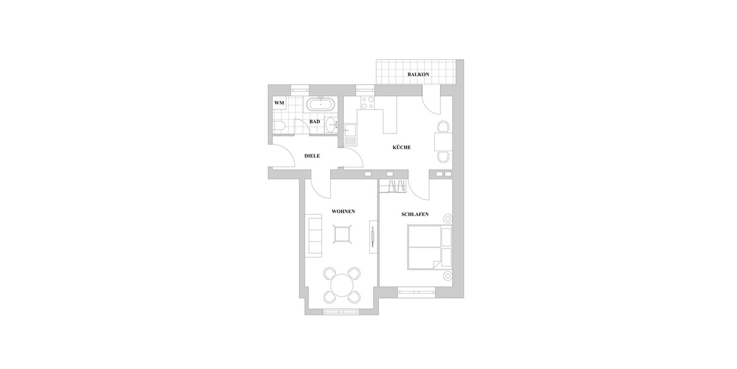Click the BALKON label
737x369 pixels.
point(418,74)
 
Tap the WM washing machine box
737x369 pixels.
point(279,103)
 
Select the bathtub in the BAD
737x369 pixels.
point(321,104)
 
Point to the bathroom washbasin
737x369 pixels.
point(332,126)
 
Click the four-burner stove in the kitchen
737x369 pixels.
point(368,102)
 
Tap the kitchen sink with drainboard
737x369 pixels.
point(350,133)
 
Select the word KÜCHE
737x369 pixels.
point(401,148)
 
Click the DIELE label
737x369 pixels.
point(313,156)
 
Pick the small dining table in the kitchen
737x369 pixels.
point(442,142)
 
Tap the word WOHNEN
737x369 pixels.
point(343,211)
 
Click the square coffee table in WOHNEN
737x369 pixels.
point(342,234)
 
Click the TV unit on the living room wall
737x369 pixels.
point(372,237)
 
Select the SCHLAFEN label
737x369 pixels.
point(415,214)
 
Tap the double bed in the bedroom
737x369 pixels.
point(426,247)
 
